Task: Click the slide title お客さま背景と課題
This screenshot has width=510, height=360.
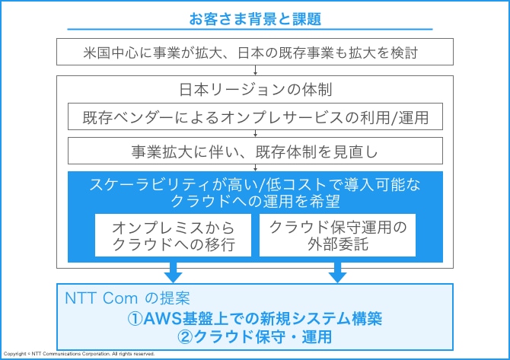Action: tap(255, 19)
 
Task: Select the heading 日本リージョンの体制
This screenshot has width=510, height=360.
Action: tap(256, 90)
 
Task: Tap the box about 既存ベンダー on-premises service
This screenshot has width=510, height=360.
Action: tap(255, 116)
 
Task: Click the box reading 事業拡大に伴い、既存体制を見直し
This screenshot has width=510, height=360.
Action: tap(255, 151)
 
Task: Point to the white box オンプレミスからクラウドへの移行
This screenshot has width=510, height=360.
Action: tap(173, 235)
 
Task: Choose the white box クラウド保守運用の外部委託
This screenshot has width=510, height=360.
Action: tap(338, 235)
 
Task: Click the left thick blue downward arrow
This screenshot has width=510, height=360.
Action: tap(173, 272)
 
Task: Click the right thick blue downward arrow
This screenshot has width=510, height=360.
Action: tap(338, 272)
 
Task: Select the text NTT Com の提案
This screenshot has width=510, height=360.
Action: tap(127, 298)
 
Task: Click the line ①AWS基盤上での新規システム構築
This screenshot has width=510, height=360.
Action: tap(255, 318)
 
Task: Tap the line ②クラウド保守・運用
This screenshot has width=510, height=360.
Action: tap(255, 337)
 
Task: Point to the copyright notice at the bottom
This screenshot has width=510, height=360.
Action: tap(79, 354)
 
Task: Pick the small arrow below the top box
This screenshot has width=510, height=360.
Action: tap(255, 70)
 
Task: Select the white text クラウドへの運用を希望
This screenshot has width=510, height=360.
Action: tap(255, 201)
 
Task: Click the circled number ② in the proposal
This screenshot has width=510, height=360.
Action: tap(186, 337)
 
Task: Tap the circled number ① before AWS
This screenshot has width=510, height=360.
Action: tap(135, 319)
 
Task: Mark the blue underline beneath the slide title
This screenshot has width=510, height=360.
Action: tap(250, 29)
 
